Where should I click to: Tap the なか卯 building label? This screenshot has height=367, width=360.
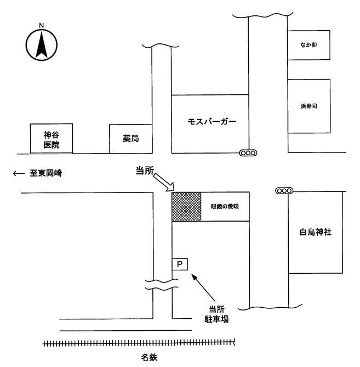[309, 46]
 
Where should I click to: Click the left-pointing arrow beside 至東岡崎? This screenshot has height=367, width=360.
[19, 173]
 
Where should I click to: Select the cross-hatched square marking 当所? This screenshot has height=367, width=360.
[186, 206]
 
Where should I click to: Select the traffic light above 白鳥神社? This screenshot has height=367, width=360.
[284, 190]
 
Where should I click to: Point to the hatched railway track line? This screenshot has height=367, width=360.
[140, 343]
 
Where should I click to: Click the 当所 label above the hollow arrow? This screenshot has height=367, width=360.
[145, 171]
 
